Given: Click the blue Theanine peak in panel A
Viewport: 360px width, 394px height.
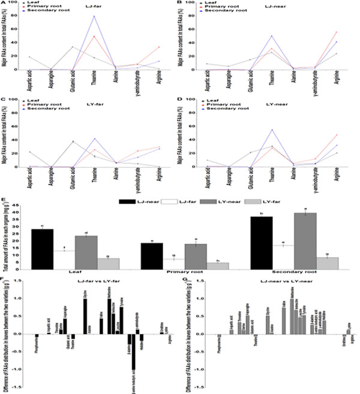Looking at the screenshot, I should tap(94, 16).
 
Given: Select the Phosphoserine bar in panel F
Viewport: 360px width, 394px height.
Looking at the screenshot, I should tap(37, 336).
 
